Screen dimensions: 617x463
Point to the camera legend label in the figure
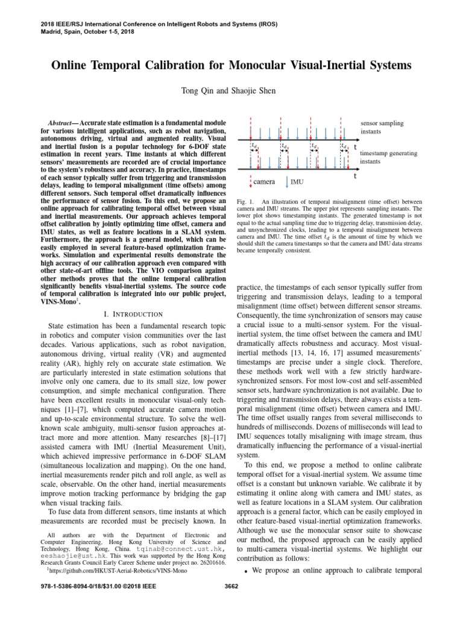coord(263,181)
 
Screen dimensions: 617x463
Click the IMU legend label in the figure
coord(297,181)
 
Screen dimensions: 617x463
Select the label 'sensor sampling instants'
coord(382,127)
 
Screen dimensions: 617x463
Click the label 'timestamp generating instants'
coord(388,158)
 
